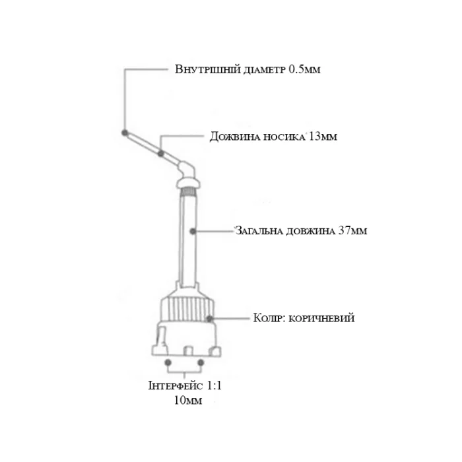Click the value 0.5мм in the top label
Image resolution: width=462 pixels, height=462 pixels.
tap(304, 69)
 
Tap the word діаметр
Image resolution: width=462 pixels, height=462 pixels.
tap(265, 70)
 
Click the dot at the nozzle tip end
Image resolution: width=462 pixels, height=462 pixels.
tap(125, 133)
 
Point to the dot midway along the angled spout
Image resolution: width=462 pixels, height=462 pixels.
tap(161, 154)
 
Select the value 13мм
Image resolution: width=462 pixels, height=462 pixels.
tap(323, 137)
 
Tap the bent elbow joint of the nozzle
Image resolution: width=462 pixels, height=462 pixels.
tap(186, 169)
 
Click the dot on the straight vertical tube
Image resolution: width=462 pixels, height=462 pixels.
tap(193, 231)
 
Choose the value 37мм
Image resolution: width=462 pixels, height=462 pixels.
tap(352, 230)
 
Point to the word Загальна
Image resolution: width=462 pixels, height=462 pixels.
tap(256, 231)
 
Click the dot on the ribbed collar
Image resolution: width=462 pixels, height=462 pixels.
tap(209, 319)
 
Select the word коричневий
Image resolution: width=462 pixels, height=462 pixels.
tap(321, 319)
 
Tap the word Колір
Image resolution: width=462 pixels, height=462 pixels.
tap(269, 318)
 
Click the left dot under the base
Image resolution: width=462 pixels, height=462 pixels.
tap(168, 362)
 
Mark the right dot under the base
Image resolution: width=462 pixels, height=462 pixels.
tap(201, 362)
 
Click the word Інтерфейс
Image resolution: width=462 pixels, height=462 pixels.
tap(176, 385)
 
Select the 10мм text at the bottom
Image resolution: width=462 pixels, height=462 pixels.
tap(188, 401)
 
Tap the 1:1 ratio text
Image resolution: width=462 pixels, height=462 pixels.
tap(214, 385)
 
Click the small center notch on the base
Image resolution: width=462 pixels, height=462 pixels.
tap(188, 351)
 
